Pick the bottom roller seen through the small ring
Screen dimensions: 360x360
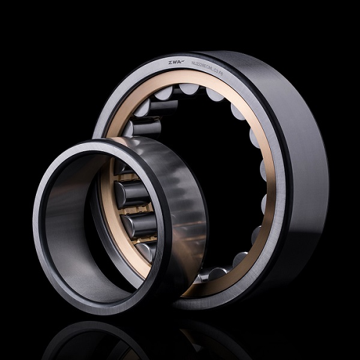tap(144, 251)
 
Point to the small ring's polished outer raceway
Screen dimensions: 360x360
tap(180, 192)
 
